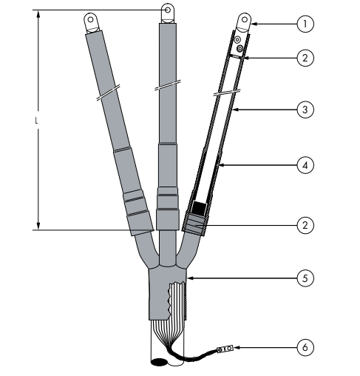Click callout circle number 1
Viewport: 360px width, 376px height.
click(305, 24)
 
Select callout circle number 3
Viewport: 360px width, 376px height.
click(305, 110)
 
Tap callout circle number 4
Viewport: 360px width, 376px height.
click(305, 165)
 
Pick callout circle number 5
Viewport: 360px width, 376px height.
click(305, 278)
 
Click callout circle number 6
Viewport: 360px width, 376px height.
click(305, 347)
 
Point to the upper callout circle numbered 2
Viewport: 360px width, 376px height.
click(305, 58)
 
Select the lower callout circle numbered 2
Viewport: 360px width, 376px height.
click(305, 225)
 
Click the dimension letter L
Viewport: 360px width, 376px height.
click(37, 121)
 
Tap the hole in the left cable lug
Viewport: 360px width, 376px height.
click(90, 19)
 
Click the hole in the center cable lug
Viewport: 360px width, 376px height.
click(168, 10)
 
